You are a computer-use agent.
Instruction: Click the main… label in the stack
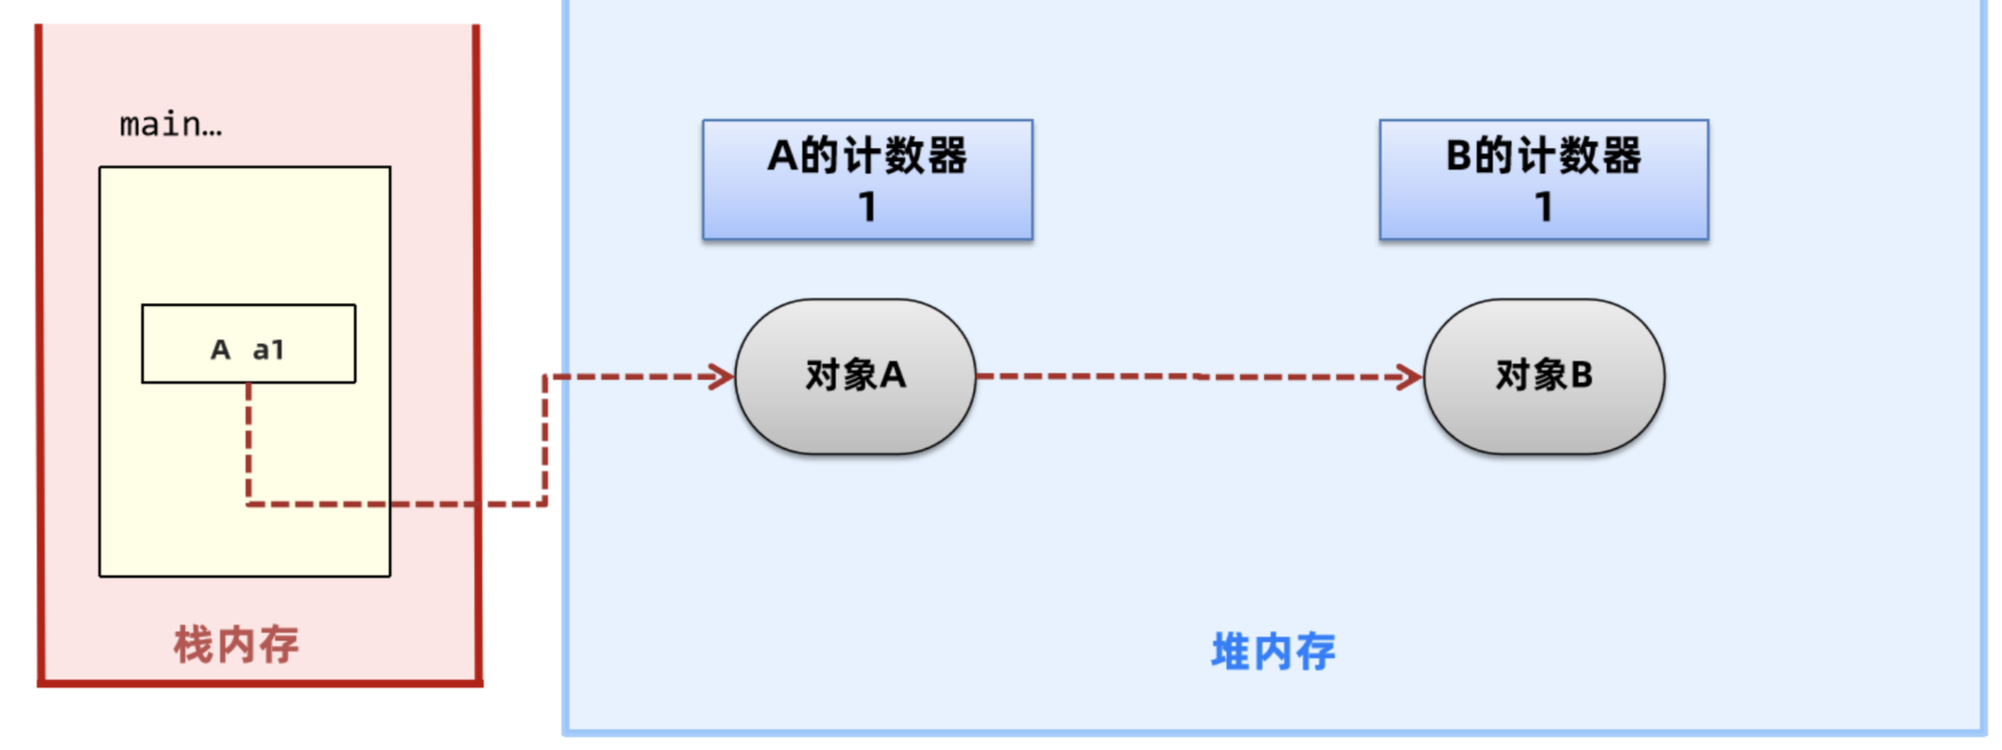[171, 124]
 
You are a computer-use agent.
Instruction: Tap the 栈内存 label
[236, 644]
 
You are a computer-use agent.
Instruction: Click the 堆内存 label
[1272, 651]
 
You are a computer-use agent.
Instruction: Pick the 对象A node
[855, 376]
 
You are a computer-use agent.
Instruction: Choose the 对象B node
[1544, 376]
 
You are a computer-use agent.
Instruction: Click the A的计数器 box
[867, 180]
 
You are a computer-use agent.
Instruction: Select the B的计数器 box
[1544, 180]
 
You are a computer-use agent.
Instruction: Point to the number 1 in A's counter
[867, 207]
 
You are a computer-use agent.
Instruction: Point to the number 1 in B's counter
[1544, 207]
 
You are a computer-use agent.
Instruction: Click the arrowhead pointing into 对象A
[721, 377]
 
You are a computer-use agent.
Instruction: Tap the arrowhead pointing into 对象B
[1410, 377]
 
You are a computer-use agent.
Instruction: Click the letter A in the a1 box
[220, 350]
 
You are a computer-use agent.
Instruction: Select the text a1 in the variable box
[268, 350]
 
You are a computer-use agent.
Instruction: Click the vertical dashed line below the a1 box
[248, 443]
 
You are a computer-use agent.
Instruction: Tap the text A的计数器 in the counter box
[867, 155]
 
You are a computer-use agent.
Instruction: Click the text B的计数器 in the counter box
[1544, 155]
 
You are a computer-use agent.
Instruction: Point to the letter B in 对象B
[1581, 375]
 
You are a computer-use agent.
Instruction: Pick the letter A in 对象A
[893, 375]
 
